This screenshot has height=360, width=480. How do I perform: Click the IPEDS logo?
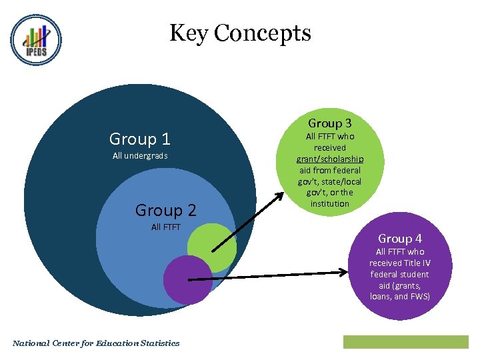click(36, 40)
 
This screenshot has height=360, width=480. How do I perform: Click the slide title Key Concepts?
click(240, 33)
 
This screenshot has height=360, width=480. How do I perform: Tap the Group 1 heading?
click(140, 139)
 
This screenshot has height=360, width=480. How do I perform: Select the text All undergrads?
click(140, 156)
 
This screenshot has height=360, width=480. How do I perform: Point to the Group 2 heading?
click(165, 210)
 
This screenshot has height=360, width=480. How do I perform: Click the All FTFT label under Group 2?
click(166, 227)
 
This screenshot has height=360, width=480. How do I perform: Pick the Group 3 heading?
click(329, 123)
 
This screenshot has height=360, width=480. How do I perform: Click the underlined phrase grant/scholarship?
click(330, 159)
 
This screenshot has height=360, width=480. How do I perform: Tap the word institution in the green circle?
click(330, 203)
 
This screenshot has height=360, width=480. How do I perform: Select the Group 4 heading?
click(400, 239)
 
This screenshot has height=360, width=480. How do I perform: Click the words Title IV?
click(417, 263)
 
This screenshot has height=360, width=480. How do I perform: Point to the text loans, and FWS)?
click(400, 297)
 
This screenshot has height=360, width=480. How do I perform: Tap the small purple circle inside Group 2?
click(187, 279)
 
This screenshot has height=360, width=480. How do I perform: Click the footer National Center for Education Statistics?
click(96, 343)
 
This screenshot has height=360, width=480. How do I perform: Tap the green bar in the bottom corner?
click(405, 342)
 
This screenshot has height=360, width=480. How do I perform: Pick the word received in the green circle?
click(330, 147)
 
